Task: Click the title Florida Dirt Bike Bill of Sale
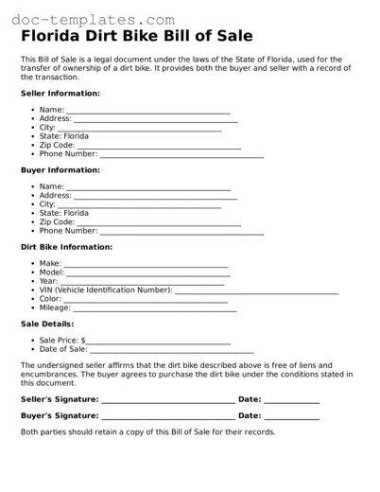pos(137,38)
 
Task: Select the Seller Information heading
pos(60,94)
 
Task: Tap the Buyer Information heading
pos(60,170)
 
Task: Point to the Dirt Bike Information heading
pos(66,247)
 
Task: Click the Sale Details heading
pos(46,324)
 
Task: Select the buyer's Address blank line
pos(156,197)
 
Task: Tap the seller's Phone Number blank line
pos(181,154)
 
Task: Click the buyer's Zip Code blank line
pos(165,223)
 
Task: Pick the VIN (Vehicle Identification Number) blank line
pos(256,291)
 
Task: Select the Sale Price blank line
pos(159,342)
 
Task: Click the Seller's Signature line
pos(167,402)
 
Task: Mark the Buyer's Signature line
pos(167,417)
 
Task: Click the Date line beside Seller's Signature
pos(291,402)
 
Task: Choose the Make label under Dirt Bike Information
pos(50,264)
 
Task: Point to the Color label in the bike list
pos(50,299)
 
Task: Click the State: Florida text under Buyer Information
pos(64,213)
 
